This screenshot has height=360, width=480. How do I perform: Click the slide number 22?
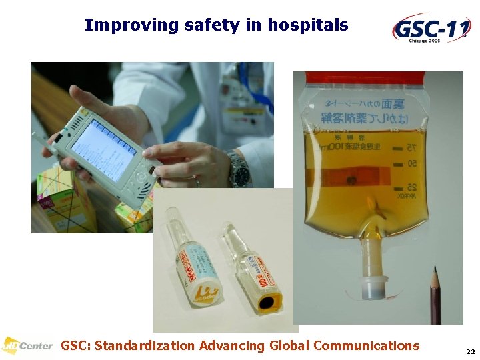471,351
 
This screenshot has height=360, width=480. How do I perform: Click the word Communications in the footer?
366,345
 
